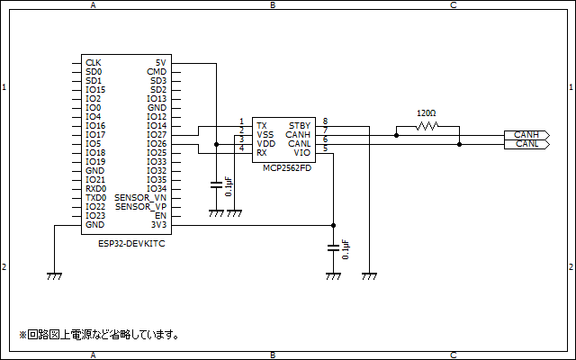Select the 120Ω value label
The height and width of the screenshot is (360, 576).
point(427,113)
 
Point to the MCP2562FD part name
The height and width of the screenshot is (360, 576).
point(287,167)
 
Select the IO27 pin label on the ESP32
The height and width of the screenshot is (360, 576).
point(157,135)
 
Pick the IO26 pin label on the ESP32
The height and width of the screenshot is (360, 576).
point(157,144)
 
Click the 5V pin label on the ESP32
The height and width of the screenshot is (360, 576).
point(160,63)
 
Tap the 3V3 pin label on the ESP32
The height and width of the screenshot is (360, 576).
point(158,225)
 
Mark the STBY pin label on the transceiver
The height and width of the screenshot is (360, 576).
point(300,125)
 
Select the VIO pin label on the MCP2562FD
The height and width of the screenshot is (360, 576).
point(302,152)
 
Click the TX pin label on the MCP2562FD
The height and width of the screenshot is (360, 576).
point(261,125)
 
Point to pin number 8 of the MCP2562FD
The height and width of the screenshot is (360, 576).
point(325,121)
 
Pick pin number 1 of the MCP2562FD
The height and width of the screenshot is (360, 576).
point(241,121)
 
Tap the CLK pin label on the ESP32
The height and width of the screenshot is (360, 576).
point(93,63)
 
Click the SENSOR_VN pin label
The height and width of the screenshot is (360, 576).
point(140,198)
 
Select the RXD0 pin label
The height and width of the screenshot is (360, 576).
point(95,189)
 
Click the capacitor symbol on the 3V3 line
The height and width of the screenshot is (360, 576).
point(334,246)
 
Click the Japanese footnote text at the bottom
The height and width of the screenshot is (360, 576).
point(100,335)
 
